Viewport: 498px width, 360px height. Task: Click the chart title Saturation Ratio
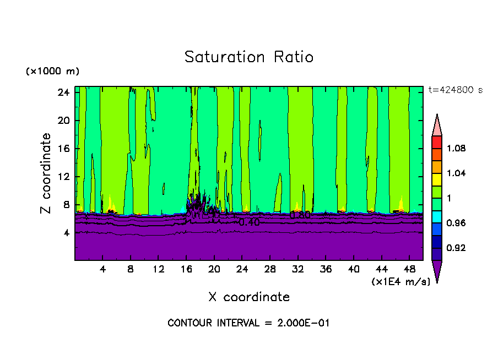(x=249, y=57)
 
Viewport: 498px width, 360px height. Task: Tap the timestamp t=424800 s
(x=456, y=90)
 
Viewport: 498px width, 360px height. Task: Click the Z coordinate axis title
(x=46, y=173)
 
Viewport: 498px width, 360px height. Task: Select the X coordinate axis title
(x=249, y=297)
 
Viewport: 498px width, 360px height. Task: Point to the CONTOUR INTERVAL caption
(x=248, y=323)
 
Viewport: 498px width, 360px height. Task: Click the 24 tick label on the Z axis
(x=63, y=92)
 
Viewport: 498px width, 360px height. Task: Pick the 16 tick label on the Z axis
(x=63, y=149)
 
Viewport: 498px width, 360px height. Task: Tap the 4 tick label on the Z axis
(x=66, y=233)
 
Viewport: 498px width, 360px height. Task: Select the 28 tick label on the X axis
(x=270, y=270)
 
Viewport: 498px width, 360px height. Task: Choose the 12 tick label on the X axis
(x=158, y=270)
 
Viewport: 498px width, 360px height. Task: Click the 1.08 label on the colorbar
(x=456, y=149)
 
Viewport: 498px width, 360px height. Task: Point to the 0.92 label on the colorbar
(x=456, y=248)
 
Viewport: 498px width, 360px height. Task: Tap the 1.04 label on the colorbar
(x=456, y=173)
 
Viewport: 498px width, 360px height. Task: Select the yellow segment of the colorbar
(x=437, y=179)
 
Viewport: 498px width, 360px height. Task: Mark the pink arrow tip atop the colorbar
(x=437, y=124)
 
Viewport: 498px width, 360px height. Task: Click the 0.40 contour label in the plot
(x=249, y=222)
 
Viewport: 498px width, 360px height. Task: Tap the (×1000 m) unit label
(x=52, y=72)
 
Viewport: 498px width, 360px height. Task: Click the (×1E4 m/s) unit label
(x=400, y=282)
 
